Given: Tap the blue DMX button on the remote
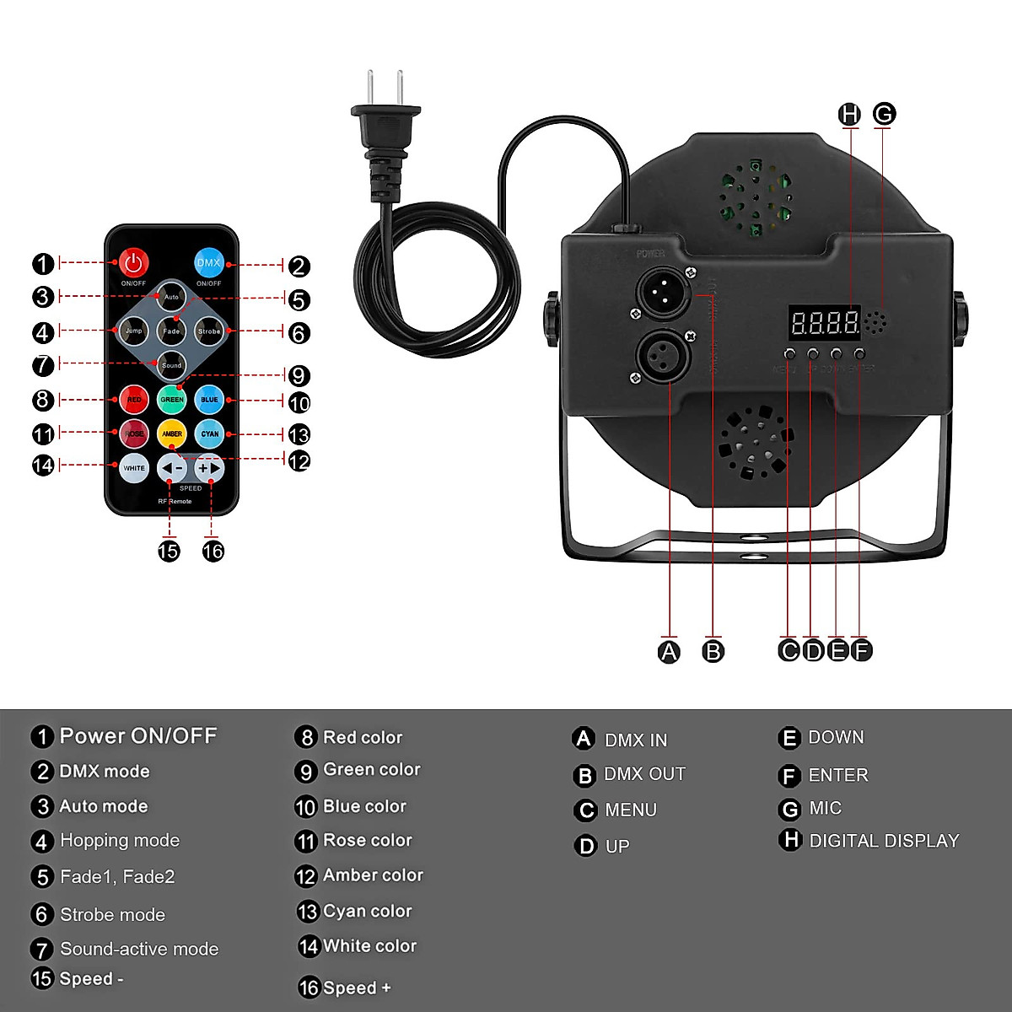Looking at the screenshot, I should point(208,263).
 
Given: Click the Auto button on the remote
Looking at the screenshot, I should point(171,297).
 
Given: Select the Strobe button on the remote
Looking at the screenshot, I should point(208,331).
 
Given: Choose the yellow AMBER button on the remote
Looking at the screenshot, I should point(172,433).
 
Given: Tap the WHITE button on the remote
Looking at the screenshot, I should point(134,468).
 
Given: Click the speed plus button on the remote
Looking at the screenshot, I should point(209,468).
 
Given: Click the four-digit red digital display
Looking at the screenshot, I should point(824,322).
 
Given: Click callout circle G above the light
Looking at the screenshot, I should point(884,114).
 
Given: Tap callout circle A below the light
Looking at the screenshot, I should point(669,651).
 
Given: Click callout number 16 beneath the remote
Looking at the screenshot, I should point(213,551).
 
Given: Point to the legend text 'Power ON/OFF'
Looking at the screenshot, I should point(138,736).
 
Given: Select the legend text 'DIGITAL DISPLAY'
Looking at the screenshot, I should point(884,841).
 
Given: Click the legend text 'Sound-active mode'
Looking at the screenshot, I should point(139,949).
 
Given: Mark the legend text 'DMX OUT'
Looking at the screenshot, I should point(644,774).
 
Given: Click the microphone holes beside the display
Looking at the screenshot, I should point(876,322).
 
